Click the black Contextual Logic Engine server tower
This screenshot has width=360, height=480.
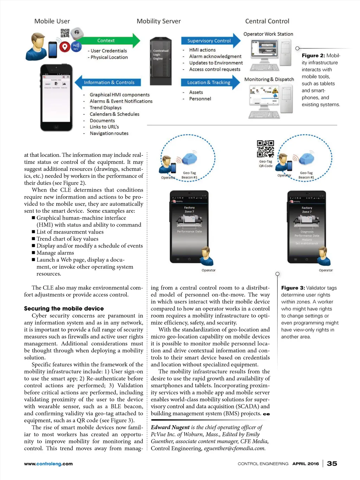click(x=161, y=61)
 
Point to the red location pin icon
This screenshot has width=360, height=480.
click(x=64, y=47)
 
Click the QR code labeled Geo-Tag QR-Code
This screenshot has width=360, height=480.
click(x=265, y=149)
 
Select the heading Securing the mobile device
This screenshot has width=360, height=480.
click(x=64, y=308)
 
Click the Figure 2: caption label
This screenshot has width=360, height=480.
click(x=313, y=56)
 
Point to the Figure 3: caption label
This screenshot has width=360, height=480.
click(x=293, y=288)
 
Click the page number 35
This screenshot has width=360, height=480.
click(x=332, y=463)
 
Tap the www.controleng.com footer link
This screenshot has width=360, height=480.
click(x=48, y=464)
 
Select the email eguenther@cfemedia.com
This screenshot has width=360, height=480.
click(x=234, y=448)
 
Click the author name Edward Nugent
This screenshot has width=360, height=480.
click(x=170, y=427)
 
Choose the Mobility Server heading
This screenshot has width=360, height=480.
click(x=159, y=21)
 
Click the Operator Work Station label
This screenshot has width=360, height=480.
click(x=268, y=34)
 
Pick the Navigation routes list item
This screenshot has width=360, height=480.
click(x=109, y=134)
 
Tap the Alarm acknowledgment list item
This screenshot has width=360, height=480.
click(x=215, y=57)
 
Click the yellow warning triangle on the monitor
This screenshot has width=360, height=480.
click(x=275, y=91)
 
